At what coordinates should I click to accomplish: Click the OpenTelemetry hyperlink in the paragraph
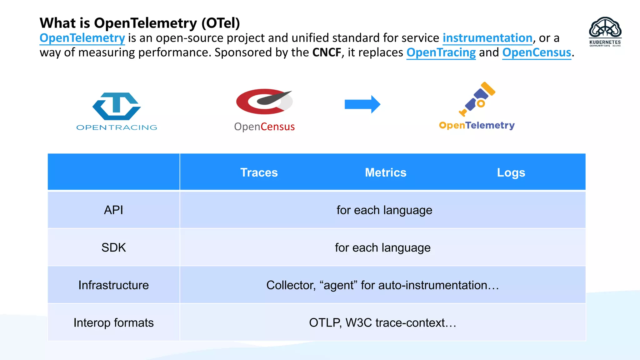[82, 38]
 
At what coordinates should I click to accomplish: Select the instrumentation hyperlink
[487, 38]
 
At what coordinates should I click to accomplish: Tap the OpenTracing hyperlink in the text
[441, 52]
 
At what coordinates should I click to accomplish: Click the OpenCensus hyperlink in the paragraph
[536, 52]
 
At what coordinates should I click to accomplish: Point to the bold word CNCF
[327, 52]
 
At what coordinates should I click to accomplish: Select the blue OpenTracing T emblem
[117, 106]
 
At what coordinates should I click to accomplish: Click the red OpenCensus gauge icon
[264, 102]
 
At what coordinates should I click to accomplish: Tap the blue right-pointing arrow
[362, 104]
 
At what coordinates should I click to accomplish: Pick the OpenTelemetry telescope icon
[477, 98]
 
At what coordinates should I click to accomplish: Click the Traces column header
[259, 172]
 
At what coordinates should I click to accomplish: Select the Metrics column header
[385, 172]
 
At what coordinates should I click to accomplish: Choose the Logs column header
[511, 172]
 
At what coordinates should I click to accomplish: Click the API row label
[113, 210]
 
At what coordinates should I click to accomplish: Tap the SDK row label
[113, 247]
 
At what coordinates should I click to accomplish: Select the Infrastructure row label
[113, 285]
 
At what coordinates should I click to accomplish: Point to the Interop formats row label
[113, 322]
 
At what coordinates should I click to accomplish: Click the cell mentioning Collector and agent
[382, 285]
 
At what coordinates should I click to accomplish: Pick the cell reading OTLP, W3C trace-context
[382, 322]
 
